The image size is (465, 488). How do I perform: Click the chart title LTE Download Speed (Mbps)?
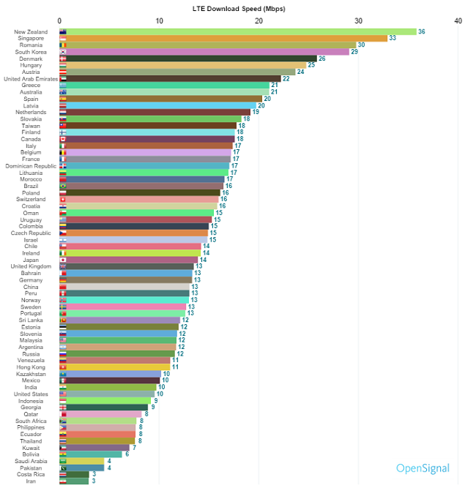click(234, 8)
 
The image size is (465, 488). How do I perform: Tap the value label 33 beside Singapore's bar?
click(393, 38)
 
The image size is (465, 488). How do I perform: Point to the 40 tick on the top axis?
click(458, 20)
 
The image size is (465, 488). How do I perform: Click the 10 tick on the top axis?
click(159, 20)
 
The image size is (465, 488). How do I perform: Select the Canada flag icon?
click(63, 139)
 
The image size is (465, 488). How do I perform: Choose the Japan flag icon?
click(63, 260)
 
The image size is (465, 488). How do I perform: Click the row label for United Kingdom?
click(30, 266)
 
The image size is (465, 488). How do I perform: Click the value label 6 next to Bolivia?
click(127, 454)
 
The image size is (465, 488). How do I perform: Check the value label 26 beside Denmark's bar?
click(321, 59)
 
